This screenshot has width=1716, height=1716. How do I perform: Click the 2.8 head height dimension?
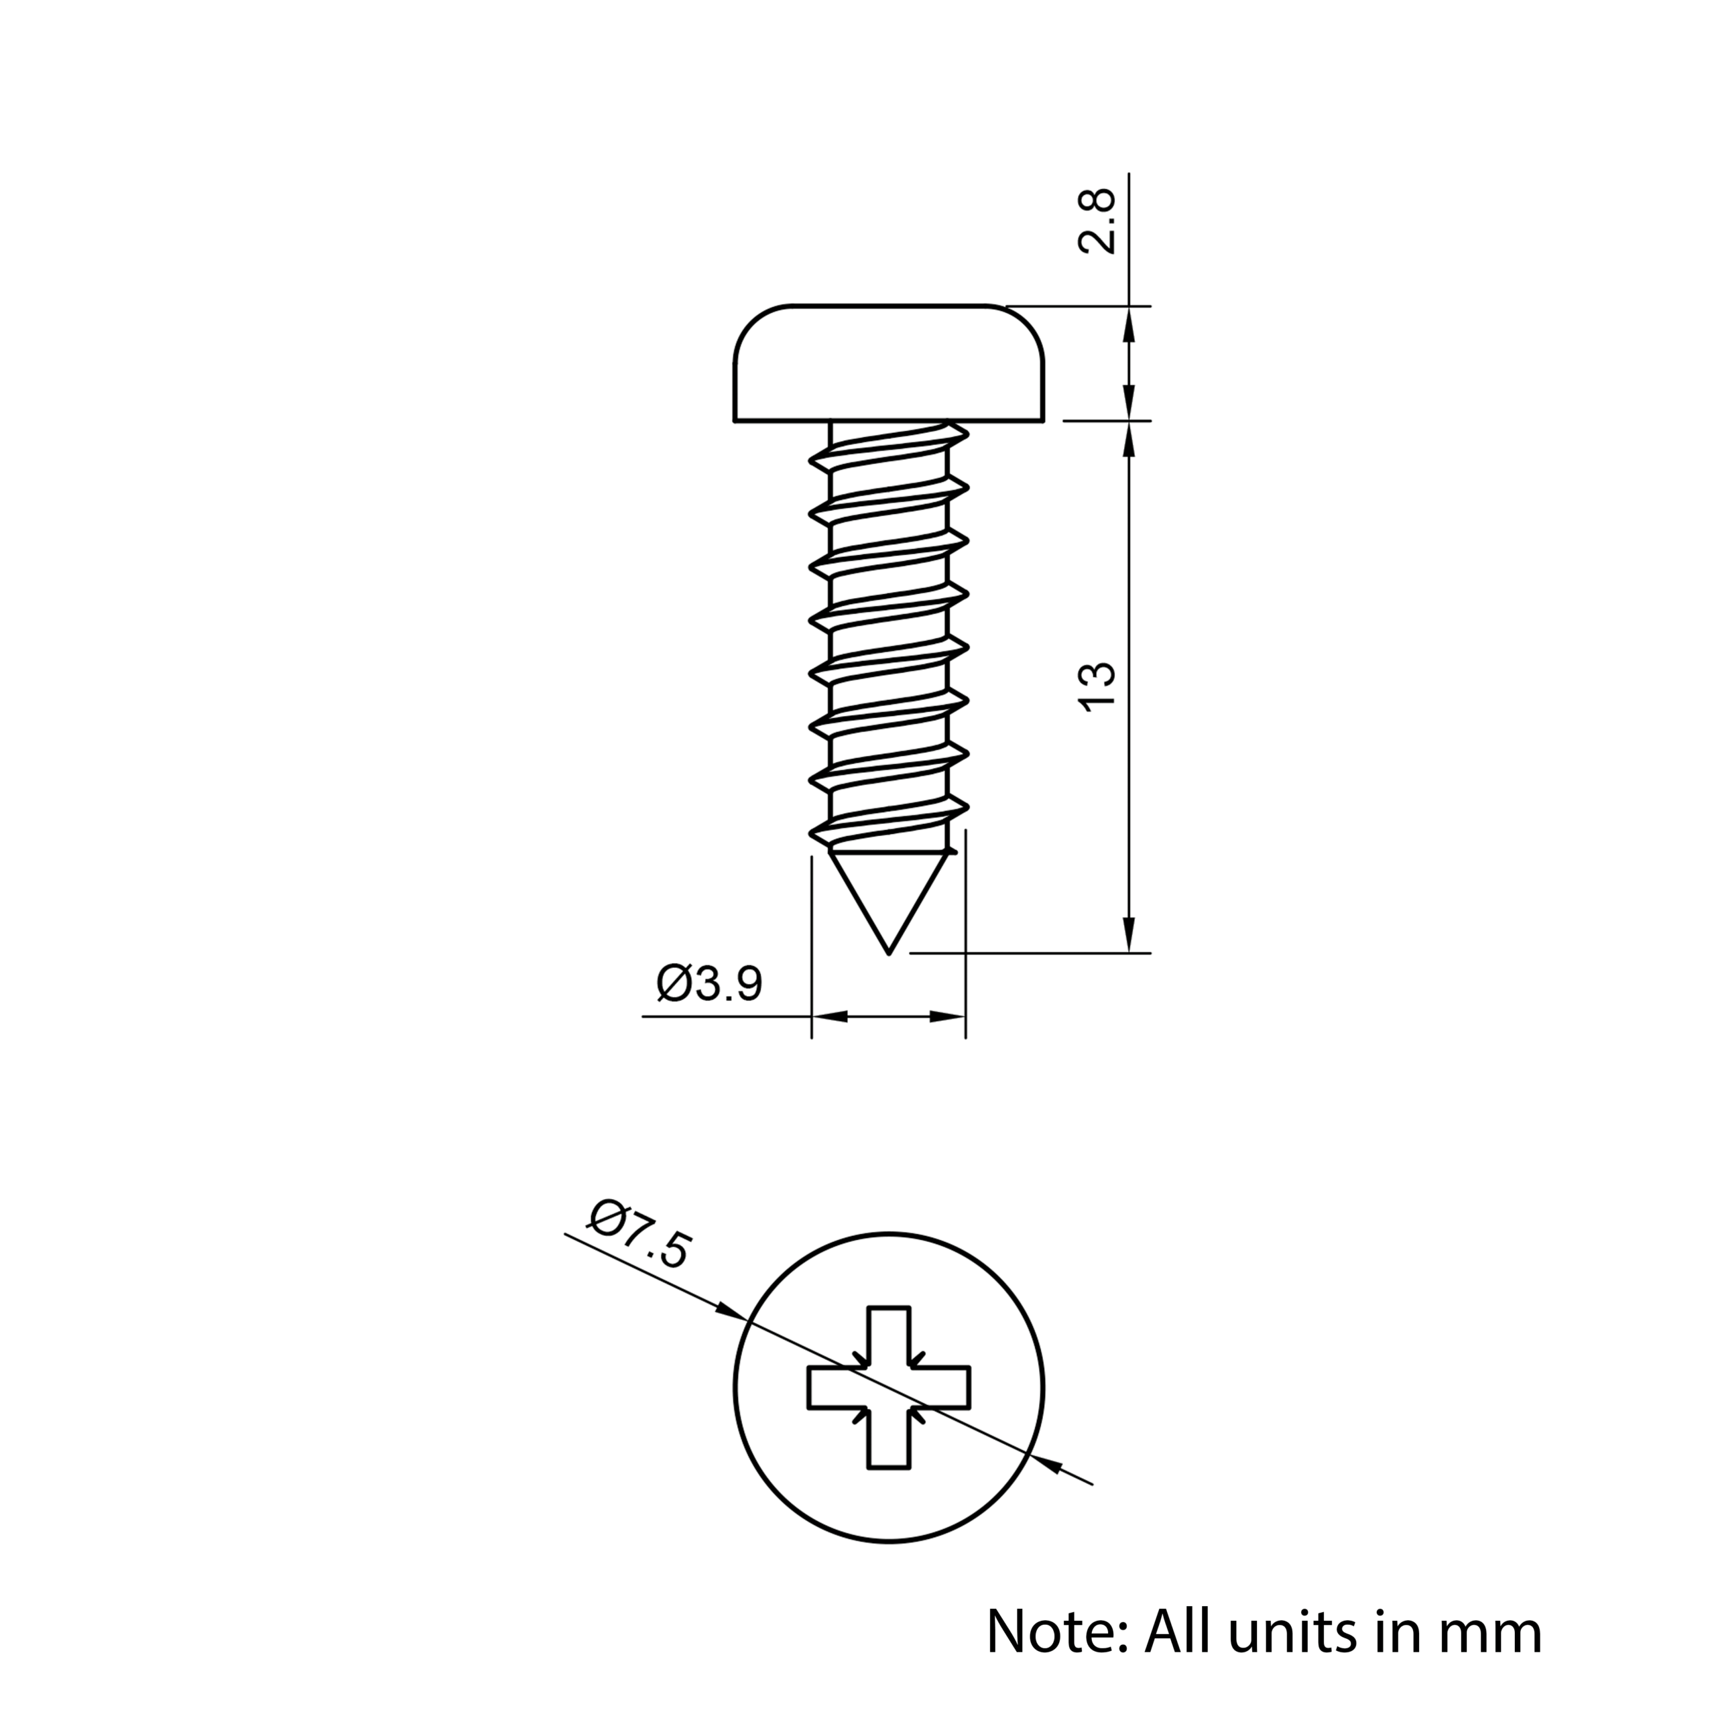1097,222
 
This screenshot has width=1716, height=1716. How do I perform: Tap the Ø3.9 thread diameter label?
709,983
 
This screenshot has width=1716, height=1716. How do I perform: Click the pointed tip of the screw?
889,954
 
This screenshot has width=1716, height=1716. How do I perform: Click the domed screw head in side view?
889,363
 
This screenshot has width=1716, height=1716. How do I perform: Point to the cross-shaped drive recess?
889,1388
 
